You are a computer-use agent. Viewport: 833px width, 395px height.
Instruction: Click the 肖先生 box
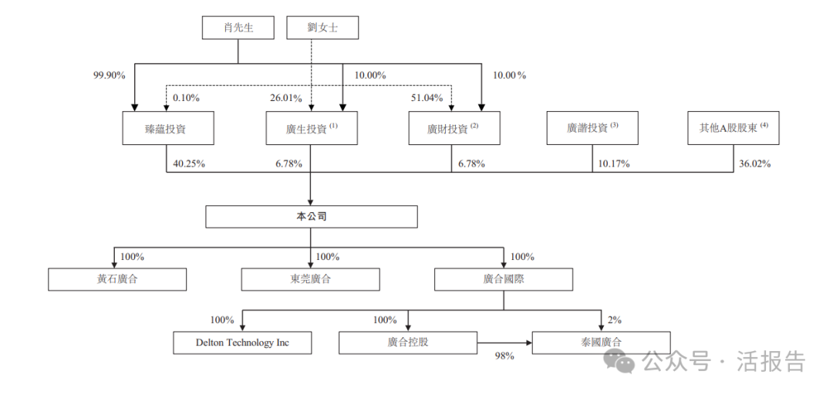point(238,29)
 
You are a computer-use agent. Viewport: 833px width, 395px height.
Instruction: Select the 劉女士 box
point(322,29)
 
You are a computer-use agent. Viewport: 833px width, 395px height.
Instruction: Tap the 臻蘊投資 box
point(167,129)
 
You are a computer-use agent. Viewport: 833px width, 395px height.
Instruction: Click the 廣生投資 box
point(311,129)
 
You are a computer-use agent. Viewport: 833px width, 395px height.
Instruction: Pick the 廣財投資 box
point(454,129)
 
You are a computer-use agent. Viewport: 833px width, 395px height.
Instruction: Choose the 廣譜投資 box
point(592,128)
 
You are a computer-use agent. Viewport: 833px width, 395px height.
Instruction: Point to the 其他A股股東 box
point(734,128)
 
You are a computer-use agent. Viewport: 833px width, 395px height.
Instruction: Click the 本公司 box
point(311,217)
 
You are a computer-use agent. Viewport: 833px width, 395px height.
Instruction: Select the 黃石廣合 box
point(117,279)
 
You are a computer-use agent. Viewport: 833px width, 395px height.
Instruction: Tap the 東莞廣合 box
point(310,279)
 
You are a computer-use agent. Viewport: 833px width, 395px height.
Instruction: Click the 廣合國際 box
point(504,279)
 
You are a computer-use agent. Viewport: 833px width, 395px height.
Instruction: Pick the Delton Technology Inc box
point(242,343)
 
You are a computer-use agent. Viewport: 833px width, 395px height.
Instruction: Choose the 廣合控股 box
point(408,343)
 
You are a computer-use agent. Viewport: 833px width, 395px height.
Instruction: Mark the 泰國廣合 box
point(601,343)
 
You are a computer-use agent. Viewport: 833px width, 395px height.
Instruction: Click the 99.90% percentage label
point(108,76)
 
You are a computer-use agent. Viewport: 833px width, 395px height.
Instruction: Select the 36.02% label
point(754,164)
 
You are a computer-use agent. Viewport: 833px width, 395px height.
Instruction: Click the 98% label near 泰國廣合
point(504,356)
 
